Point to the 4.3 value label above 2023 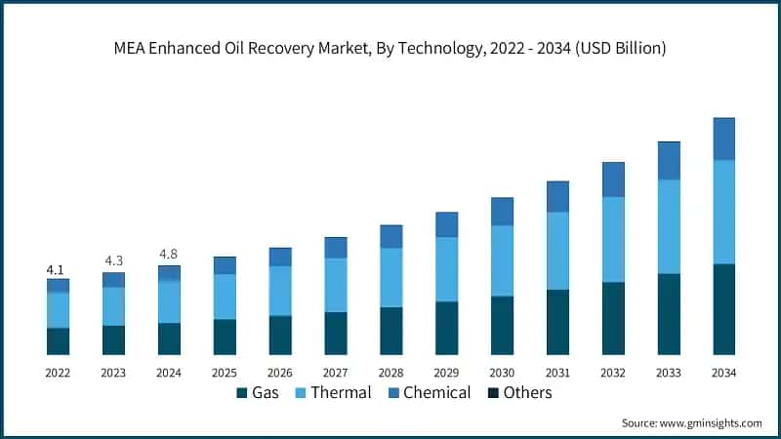coord(113,260)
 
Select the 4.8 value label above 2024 coord(169,255)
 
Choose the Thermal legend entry coord(331,393)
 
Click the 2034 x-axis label coord(723,373)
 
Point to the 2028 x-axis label coord(390,373)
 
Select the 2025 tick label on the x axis coord(225,373)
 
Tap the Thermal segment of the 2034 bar coord(723,212)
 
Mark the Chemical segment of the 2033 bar coord(668,161)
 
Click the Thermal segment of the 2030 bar coord(502,260)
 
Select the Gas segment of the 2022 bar coord(58,340)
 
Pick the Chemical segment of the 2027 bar coord(336,248)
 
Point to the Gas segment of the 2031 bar coord(557,321)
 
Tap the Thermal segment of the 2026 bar coord(280,291)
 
